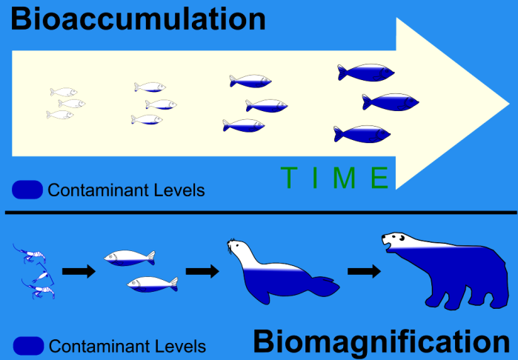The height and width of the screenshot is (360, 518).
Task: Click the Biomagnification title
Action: coord(381,342)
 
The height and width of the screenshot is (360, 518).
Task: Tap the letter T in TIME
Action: coord(289,178)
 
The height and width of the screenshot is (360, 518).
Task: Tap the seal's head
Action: coord(238,247)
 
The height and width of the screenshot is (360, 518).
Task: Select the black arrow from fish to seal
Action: coord(202,272)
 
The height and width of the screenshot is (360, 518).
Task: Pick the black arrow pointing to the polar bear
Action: coord(363,272)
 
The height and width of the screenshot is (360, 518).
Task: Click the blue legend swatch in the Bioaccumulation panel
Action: coord(27,190)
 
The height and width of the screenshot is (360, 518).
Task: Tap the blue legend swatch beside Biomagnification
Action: coord(27,345)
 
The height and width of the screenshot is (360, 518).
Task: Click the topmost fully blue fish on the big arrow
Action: coord(366,72)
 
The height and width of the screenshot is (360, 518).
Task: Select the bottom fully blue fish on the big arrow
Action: coord(362,134)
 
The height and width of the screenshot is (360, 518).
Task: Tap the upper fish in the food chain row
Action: coord(129,257)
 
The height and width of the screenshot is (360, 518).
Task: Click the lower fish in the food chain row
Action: coord(152,284)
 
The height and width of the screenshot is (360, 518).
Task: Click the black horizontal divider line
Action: coord(259,213)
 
